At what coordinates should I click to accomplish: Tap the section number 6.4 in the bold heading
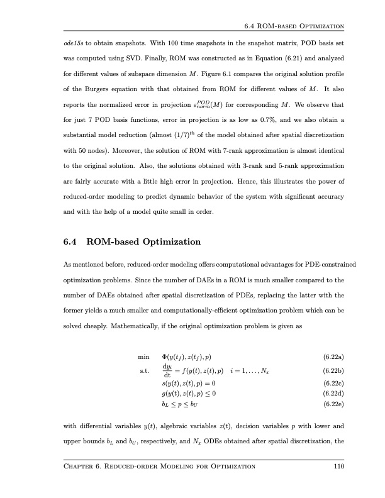(70, 241)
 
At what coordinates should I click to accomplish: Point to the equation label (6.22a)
(332, 358)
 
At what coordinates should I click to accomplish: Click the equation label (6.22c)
(332, 382)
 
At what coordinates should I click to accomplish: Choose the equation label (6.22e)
(332, 404)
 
